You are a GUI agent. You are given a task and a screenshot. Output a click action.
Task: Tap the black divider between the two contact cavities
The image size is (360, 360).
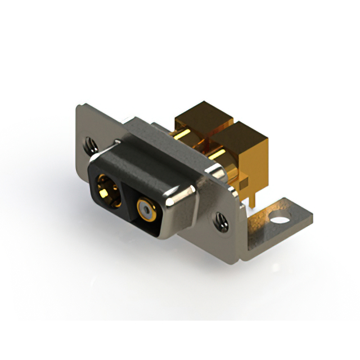coord(125,191)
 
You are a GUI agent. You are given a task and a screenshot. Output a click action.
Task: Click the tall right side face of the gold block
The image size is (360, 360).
coord(262,163)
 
